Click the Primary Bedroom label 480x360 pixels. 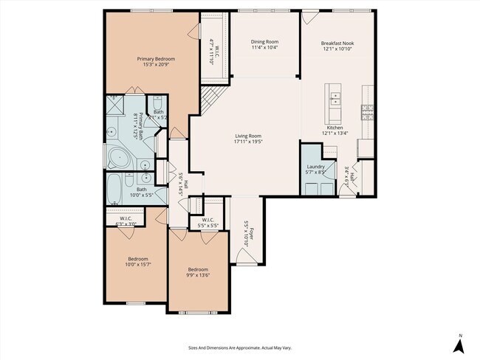click(x=153, y=59)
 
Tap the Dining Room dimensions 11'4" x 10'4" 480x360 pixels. click(x=264, y=48)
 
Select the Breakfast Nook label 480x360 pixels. click(x=338, y=44)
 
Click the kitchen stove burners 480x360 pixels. click(x=366, y=111)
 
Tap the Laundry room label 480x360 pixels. click(x=315, y=167)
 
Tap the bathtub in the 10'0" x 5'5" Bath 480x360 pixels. click(x=114, y=190)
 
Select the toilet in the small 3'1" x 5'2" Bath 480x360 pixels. click(x=157, y=104)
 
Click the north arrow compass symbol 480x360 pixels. click(x=459, y=345)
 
